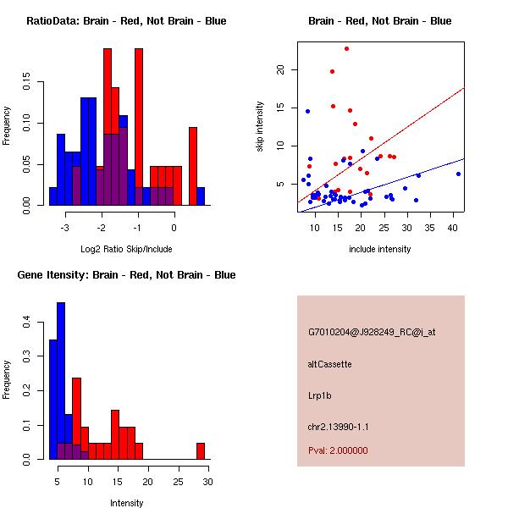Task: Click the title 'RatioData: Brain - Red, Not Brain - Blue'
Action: coord(126,21)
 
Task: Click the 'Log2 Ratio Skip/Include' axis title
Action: coord(126,249)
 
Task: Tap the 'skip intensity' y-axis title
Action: coord(260,127)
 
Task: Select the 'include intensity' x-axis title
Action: coord(380,249)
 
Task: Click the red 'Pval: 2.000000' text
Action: coord(338,450)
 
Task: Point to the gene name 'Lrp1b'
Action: coord(319,395)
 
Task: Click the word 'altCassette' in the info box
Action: coord(329,364)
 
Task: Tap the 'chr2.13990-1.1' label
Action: coord(338,425)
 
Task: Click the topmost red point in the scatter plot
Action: coord(347,49)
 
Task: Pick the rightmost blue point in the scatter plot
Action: coord(458,174)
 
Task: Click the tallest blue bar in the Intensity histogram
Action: coord(61,381)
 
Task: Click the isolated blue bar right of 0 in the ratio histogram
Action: coord(201,196)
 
